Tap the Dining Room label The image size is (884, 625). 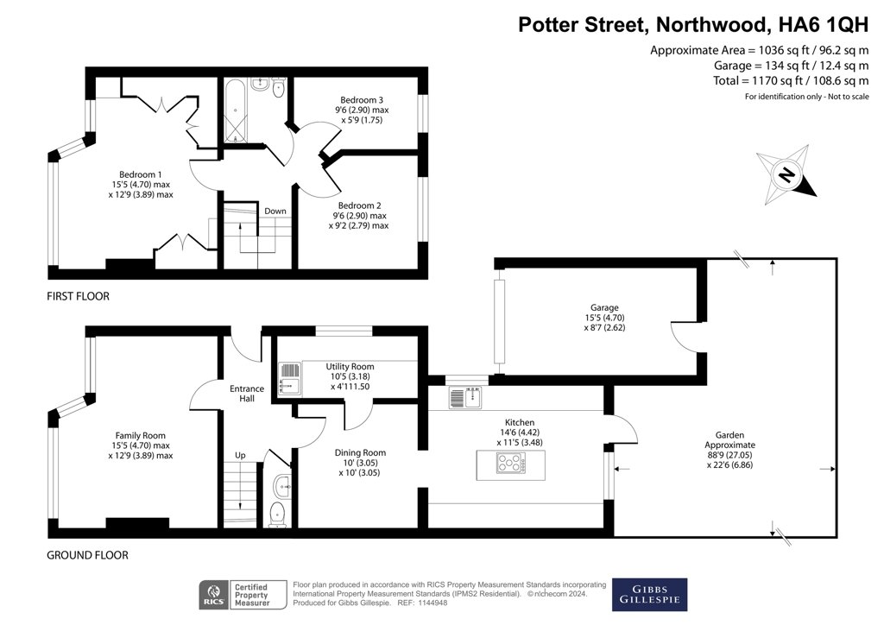[361, 452]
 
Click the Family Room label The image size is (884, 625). [141, 435]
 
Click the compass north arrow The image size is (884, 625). [786, 175]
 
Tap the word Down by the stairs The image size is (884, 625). [275, 211]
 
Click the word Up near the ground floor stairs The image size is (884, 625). [240, 455]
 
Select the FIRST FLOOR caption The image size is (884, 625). [79, 296]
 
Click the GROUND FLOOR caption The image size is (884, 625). [87, 555]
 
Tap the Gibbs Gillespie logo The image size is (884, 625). [649, 593]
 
